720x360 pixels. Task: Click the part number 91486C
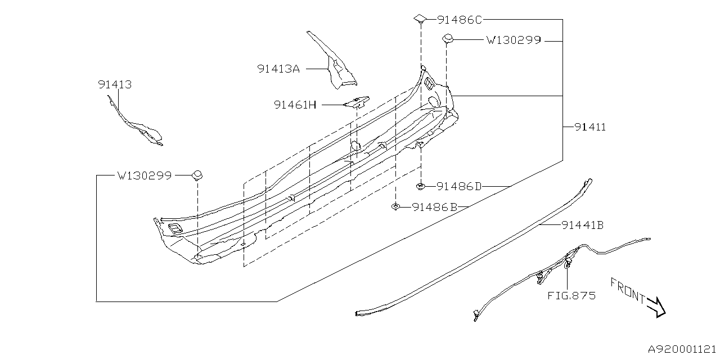point(460,20)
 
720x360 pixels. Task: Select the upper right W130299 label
point(513,40)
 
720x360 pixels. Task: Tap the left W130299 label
point(145,175)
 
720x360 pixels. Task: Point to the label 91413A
point(278,69)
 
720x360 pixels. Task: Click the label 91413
point(115,85)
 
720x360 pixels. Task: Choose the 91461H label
point(295,105)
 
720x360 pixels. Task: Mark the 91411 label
point(590,127)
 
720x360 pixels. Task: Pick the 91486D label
point(459,186)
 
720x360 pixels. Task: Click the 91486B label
point(435,207)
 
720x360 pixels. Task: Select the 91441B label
point(582,226)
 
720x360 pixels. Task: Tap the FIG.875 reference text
point(571,295)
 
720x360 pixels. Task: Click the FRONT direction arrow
point(655,307)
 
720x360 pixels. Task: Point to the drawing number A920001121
point(682,349)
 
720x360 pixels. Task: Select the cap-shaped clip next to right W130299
point(448,39)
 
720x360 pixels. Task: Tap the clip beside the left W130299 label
point(197,175)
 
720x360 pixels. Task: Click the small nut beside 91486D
point(420,186)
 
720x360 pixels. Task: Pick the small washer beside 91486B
point(396,207)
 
